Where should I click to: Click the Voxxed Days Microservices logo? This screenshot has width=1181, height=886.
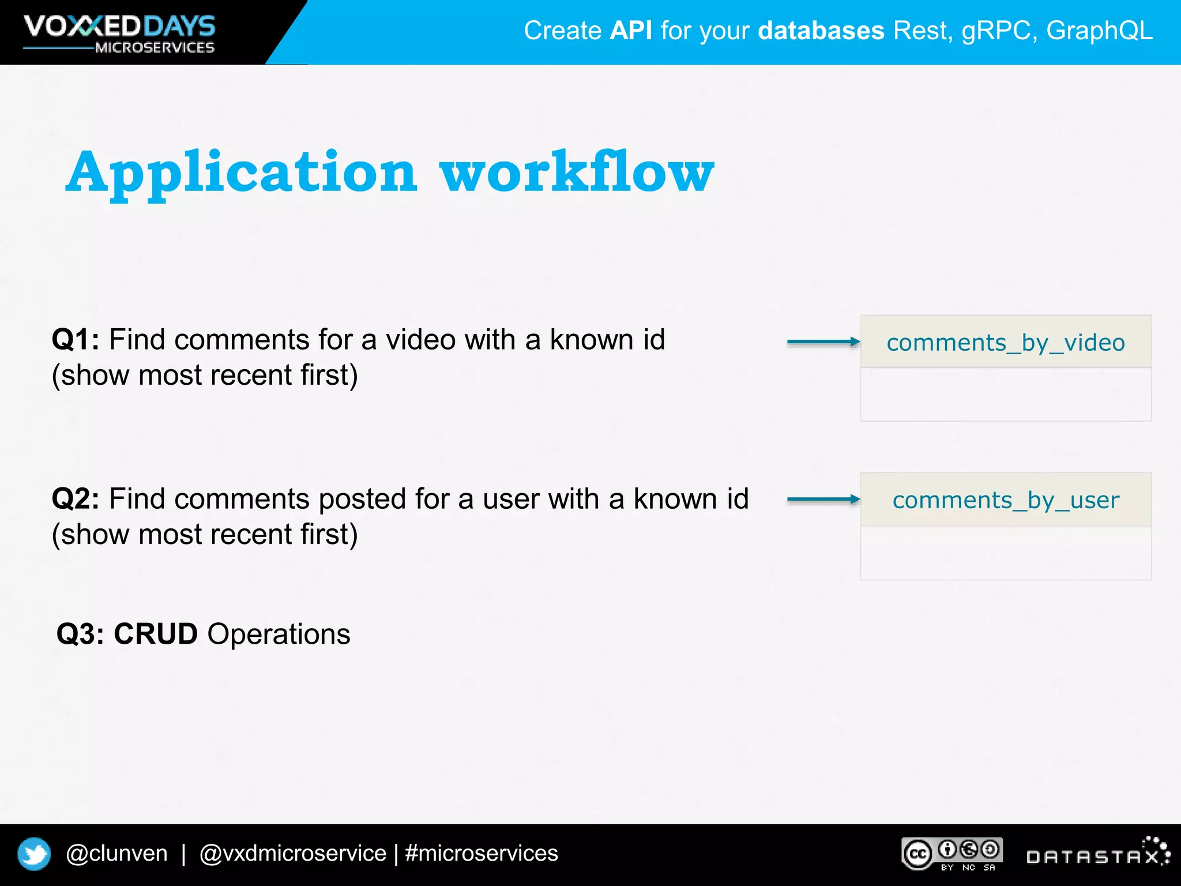tap(119, 33)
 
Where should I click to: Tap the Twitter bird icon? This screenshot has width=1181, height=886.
tap(34, 854)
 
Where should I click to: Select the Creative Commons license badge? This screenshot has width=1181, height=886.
tap(952, 854)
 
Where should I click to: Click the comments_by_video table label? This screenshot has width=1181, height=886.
tap(1005, 343)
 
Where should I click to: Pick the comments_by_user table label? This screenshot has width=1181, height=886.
tap(1005, 500)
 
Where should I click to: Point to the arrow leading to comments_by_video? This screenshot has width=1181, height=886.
tap(823, 342)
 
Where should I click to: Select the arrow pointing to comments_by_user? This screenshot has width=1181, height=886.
tap(823, 500)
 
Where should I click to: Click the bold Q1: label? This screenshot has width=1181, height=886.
tap(75, 339)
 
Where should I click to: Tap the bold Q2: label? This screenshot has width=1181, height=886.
tap(75, 499)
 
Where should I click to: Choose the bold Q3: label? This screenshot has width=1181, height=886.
tap(80, 634)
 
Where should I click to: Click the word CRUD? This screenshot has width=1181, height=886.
tap(156, 634)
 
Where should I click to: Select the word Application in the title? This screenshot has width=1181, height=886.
tap(241, 172)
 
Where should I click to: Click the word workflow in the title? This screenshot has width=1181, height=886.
tap(577, 171)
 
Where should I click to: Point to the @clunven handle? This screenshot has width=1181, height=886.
tap(116, 853)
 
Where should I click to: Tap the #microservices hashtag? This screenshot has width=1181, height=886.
tap(482, 853)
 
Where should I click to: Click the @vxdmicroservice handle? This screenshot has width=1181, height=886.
tap(292, 853)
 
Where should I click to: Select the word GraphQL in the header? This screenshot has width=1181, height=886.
tap(1099, 31)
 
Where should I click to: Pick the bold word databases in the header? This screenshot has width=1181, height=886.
tap(821, 31)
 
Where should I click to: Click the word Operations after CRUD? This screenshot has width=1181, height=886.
tap(279, 634)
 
